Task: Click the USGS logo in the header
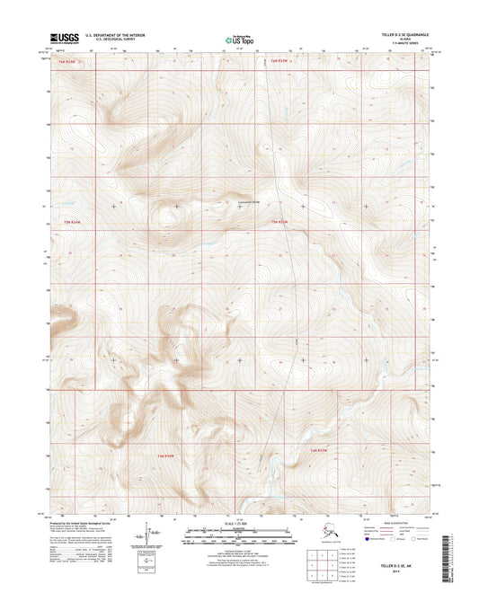[x=67, y=38]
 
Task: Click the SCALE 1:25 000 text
[x=235, y=523]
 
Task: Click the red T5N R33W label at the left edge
[x=70, y=222]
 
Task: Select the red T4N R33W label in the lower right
[x=322, y=449]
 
